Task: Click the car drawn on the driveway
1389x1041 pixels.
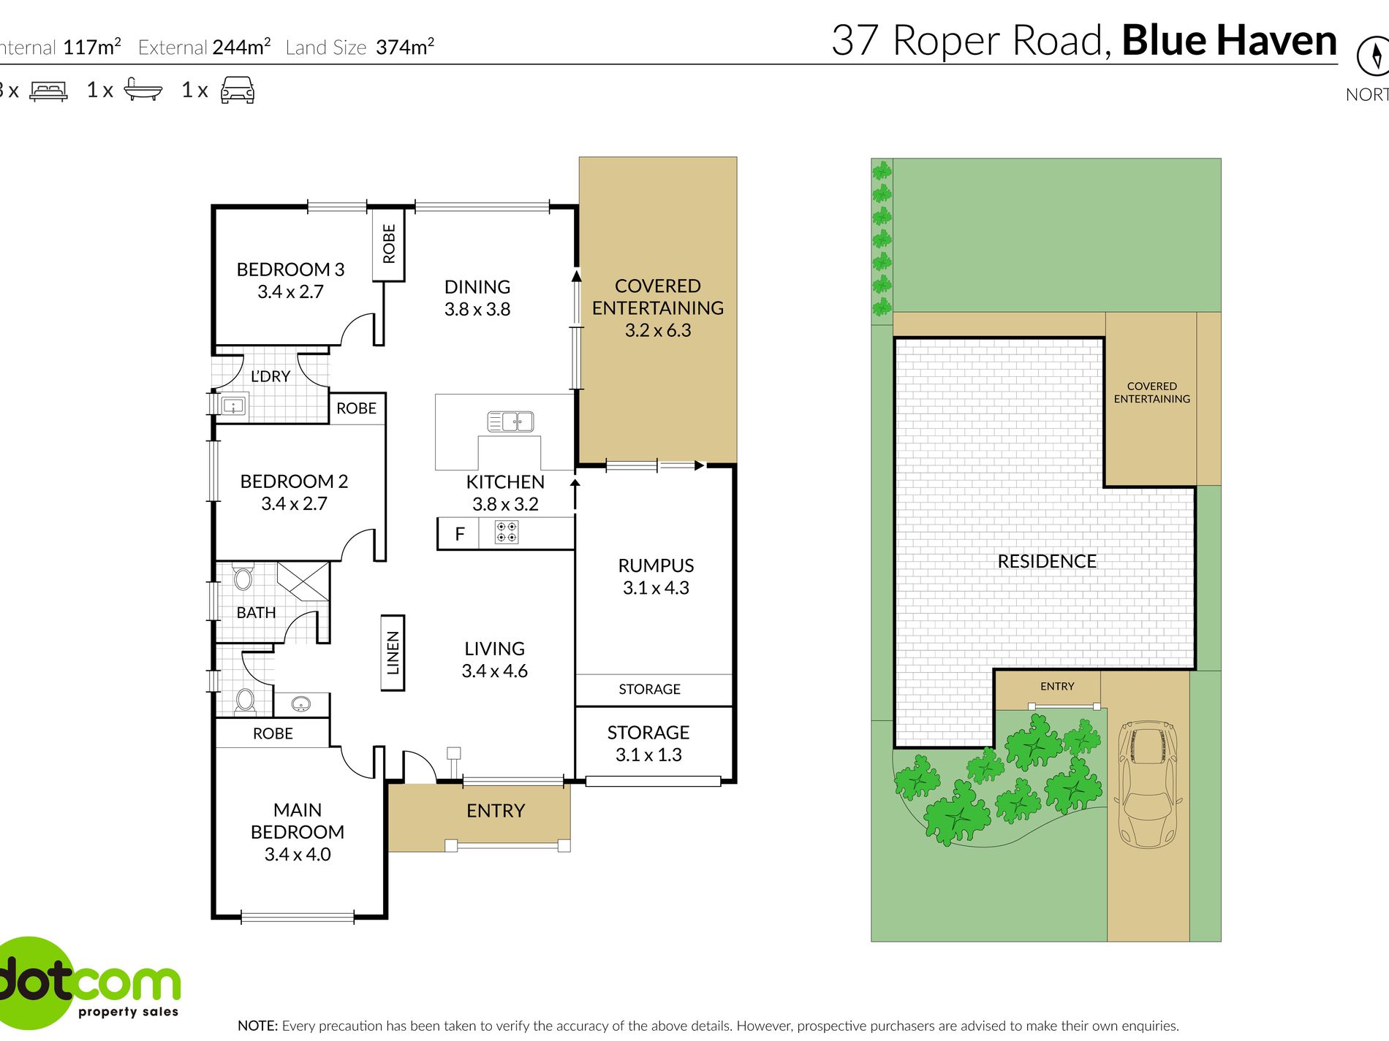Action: pyautogui.click(x=1148, y=784)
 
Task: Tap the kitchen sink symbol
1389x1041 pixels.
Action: pyautogui.click(x=510, y=422)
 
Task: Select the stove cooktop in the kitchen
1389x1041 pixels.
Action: pyautogui.click(x=507, y=532)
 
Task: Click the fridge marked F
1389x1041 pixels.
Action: pyautogui.click(x=458, y=533)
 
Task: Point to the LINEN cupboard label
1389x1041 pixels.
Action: pyautogui.click(x=393, y=652)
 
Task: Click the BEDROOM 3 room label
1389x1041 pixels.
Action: pyautogui.click(x=290, y=270)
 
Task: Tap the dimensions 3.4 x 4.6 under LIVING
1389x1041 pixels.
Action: pyautogui.click(x=494, y=671)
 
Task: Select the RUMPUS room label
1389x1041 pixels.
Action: pyautogui.click(x=656, y=565)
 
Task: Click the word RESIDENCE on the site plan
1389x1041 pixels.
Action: pyautogui.click(x=1047, y=561)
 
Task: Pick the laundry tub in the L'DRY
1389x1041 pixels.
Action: pyautogui.click(x=233, y=405)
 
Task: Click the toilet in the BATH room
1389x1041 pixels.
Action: pyautogui.click(x=243, y=577)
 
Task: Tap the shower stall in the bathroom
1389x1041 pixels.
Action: pyautogui.click(x=303, y=581)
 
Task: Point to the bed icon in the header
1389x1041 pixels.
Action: pyautogui.click(x=48, y=91)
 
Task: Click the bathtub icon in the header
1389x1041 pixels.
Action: pyautogui.click(x=143, y=88)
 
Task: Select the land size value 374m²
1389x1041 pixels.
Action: pyautogui.click(x=405, y=47)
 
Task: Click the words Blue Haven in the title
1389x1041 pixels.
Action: pyautogui.click(x=1229, y=40)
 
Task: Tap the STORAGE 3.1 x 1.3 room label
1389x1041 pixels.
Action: pyautogui.click(x=648, y=744)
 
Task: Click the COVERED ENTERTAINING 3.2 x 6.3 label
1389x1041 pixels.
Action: pyautogui.click(x=658, y=308)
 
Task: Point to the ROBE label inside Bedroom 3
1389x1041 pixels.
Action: pyautogui.click(x=389, y=244)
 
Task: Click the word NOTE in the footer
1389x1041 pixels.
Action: pyautogui.click(x=257, y=1026)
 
